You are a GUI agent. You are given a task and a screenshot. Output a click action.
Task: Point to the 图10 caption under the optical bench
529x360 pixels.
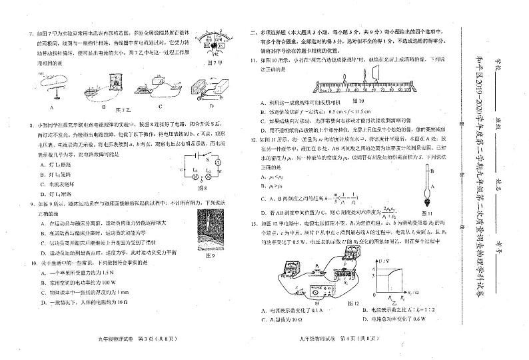(368, 100)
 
